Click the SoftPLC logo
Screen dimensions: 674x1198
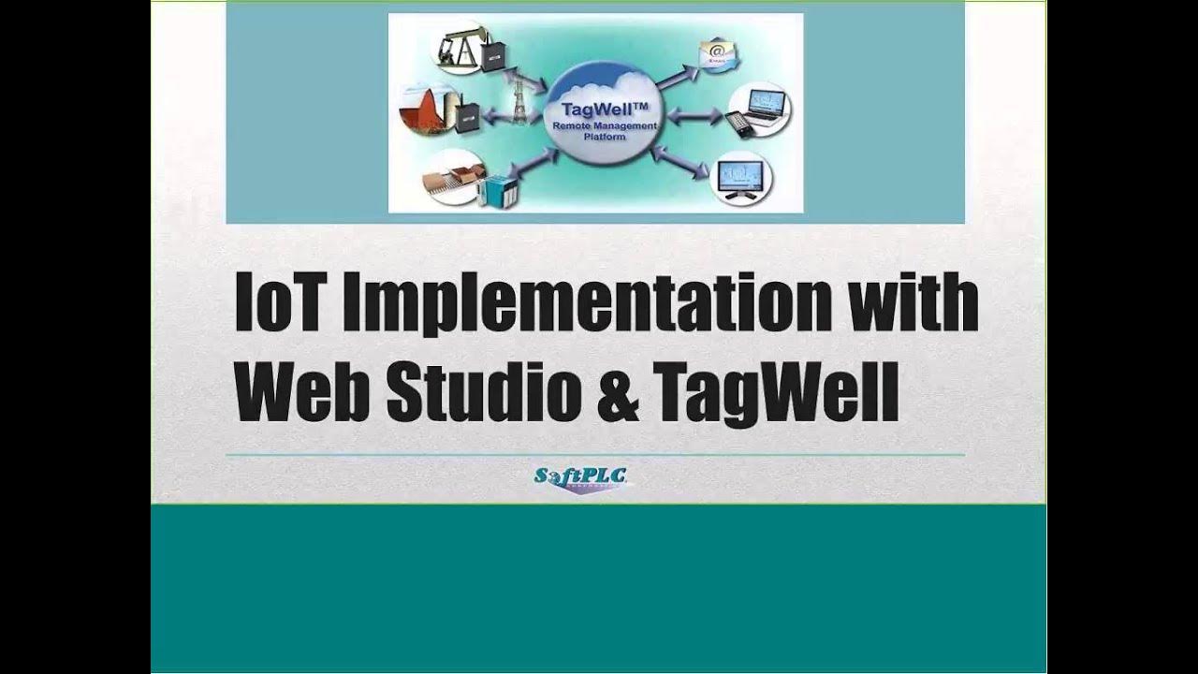point(581,478)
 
